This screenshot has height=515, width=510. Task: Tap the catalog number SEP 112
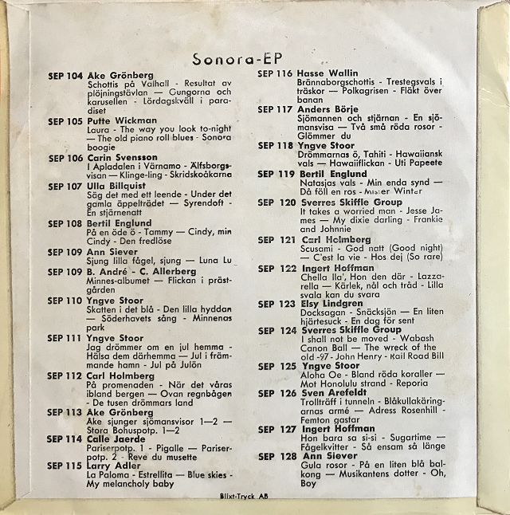(x=65, y=375)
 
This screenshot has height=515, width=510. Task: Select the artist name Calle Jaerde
(x=111, y=438)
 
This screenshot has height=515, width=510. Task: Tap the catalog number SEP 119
(x=276, y=174)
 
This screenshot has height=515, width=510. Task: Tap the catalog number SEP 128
(x=276, y=456)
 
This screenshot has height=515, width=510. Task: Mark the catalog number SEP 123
(x=276, y=304)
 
